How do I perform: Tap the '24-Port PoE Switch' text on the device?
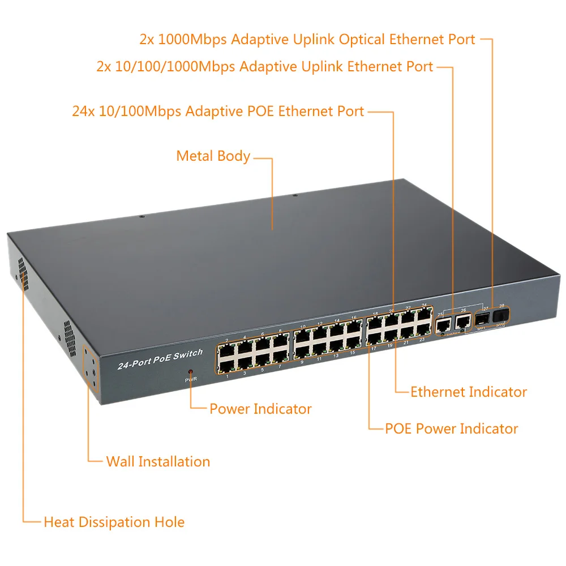coord(160,359)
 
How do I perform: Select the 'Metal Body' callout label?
coord(213,156)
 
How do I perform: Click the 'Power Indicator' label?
coord(260,409)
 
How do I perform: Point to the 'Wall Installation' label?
coord(158,461)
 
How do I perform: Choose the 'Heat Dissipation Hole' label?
coord(114,522)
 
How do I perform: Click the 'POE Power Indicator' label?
coord(451,428)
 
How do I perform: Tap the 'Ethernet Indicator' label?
coord(468,392)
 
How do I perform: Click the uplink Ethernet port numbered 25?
coord(442,324)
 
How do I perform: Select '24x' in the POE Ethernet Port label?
coord(83,111)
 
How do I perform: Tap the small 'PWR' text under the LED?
coord(190,379)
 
